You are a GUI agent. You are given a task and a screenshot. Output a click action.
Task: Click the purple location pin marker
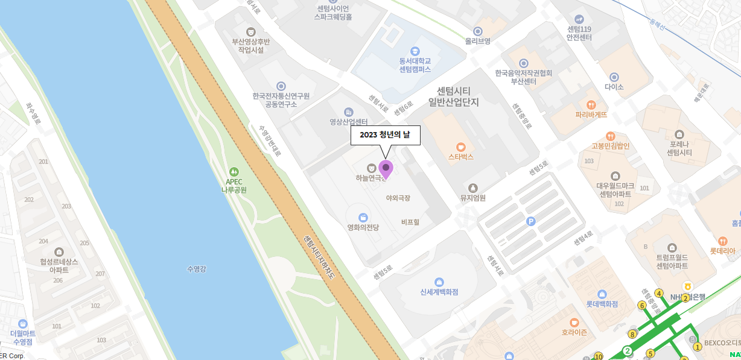pos(386,168)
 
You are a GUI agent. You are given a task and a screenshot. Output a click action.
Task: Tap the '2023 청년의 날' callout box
pos(385,135)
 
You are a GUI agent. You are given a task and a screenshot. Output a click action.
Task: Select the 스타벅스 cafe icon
pos(461,146)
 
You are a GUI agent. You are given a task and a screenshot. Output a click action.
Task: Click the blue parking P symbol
pos(530,221)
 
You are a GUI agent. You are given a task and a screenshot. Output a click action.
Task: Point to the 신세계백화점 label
pos(439,292)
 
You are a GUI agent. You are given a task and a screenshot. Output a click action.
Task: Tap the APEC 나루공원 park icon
pos(234,171)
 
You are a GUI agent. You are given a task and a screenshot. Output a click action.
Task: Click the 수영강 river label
pos(197,268)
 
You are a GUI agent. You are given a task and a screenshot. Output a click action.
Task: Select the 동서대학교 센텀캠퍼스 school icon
pos(415,51)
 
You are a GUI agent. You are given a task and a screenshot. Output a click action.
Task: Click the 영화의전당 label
pos(363,227)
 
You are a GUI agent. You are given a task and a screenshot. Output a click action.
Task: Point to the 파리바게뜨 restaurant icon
pos(591,104)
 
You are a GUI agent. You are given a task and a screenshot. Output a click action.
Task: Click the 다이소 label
pos(614,87)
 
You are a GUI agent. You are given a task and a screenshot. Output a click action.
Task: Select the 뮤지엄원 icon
pos(472,188)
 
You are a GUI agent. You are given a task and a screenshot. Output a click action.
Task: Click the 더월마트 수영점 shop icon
pos(23,324)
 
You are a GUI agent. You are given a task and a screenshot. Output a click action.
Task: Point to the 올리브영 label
pos(477,41)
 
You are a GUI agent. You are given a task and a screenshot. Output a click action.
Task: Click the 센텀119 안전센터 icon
pos(579,19)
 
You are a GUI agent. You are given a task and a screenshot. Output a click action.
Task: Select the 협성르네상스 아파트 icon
pos(59,251)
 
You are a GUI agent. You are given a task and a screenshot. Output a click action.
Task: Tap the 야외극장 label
pos(398,198)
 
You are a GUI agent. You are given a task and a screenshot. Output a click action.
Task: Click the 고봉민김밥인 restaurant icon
pos(610,136)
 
